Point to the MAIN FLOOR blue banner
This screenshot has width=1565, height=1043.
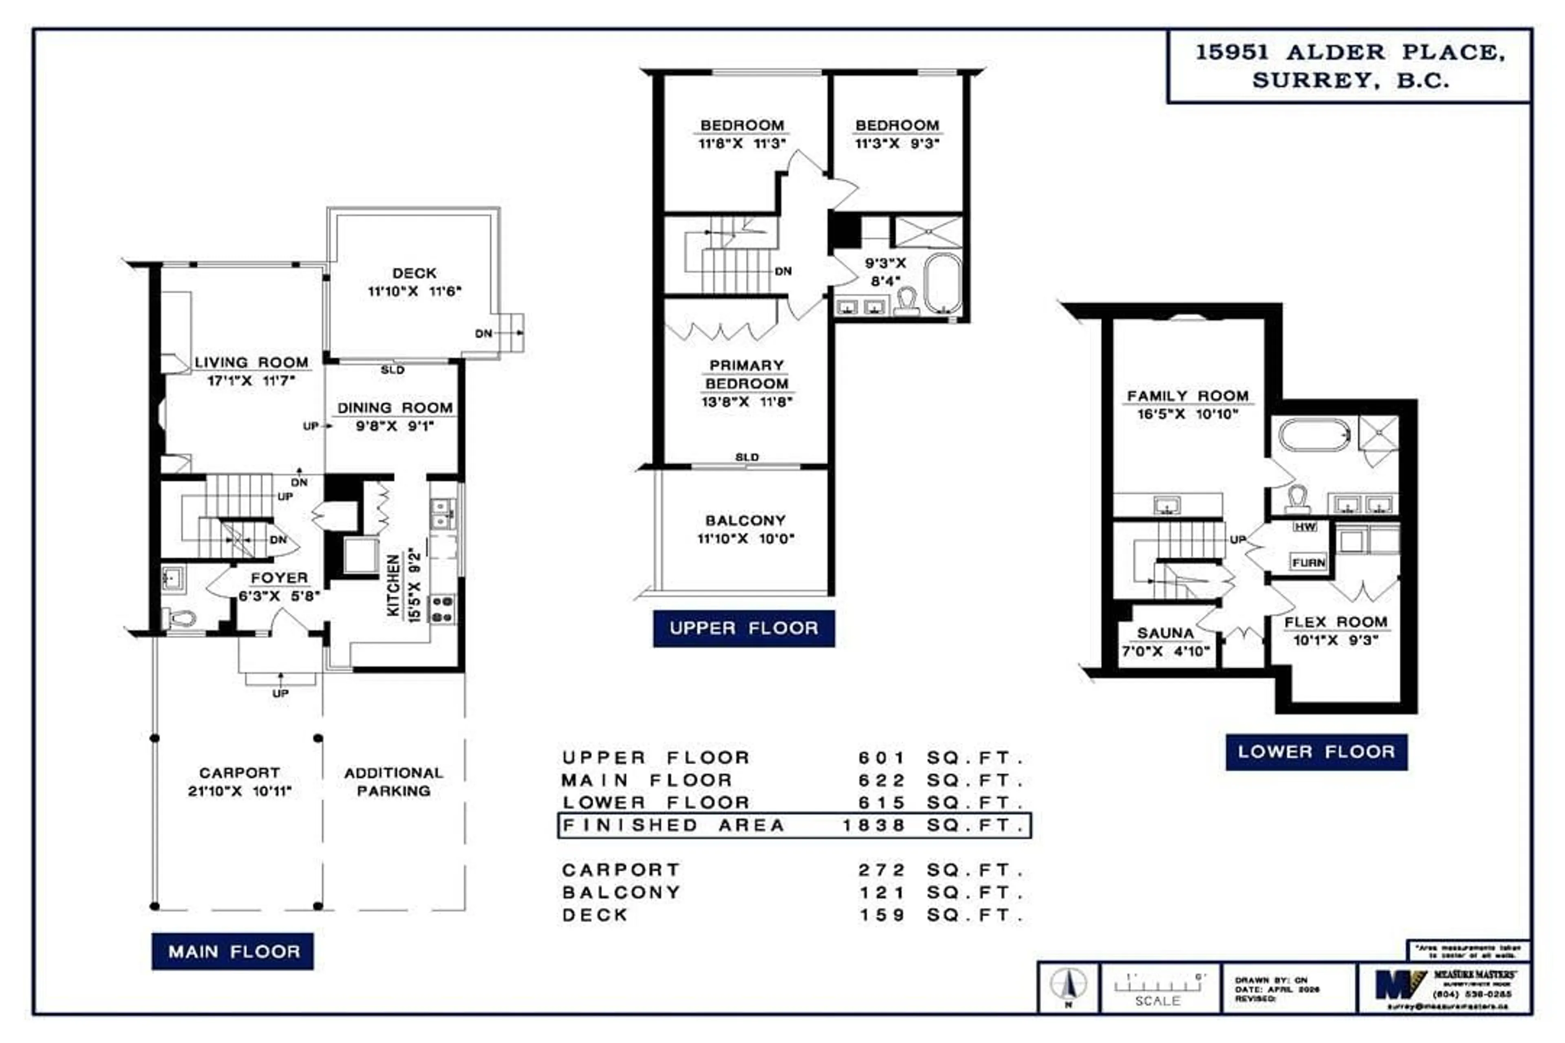coord(233,952)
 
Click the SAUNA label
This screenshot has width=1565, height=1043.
coord(1165,633)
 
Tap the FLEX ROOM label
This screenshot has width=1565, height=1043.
coord(1336,623)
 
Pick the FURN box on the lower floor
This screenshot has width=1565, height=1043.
coord(1308,563)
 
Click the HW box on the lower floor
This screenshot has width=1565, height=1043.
coord(1305,527)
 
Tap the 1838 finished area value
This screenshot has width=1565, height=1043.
coord(874,825)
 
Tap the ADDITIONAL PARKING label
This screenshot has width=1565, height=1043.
coord(393,781)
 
